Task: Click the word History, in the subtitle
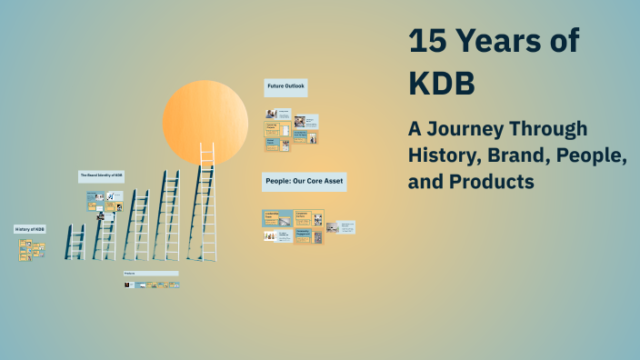point(442,155)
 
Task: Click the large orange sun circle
point(205,122)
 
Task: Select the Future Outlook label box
point(285,87)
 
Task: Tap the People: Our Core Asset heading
point(304,181)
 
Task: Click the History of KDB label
point(30,229)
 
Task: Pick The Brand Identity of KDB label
point(101,175)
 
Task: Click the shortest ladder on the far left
point(75,242)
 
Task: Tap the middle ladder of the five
point(137,225)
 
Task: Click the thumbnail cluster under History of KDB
point(31,248)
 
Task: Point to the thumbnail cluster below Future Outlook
point(292,129)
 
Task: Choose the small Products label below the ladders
point(151,273)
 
